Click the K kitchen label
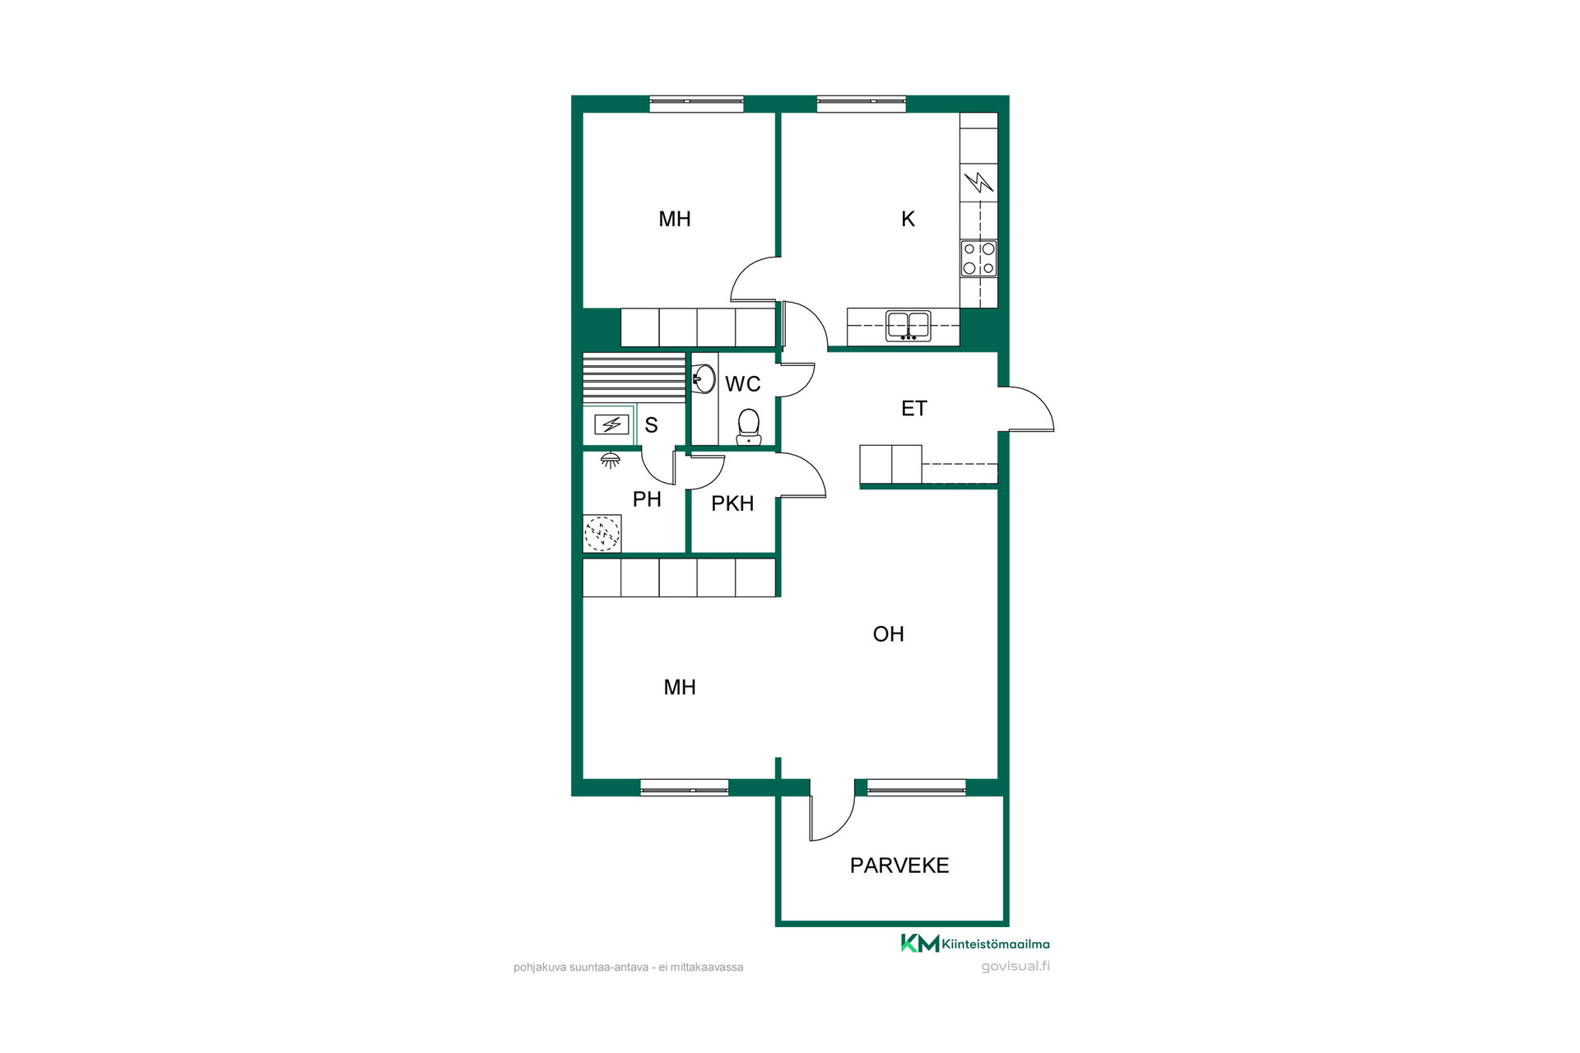(908, 219)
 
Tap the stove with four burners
(978, 258)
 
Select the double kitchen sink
(908, 326)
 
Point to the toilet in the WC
(748, 427)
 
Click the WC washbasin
(704, 379)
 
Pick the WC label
(742, 383)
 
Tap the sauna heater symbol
(611, 424)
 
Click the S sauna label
(651, 425)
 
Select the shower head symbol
(610, 461)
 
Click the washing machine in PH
(602, 534)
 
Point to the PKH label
(732, 503)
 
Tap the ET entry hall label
(914, 409)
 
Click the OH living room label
(888, 634)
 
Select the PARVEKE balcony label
(899, 865)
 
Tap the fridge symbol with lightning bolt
(978, 182)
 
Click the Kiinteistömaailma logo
(975, 944)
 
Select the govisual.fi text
(1015, 967)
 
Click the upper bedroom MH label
(675, 219)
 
